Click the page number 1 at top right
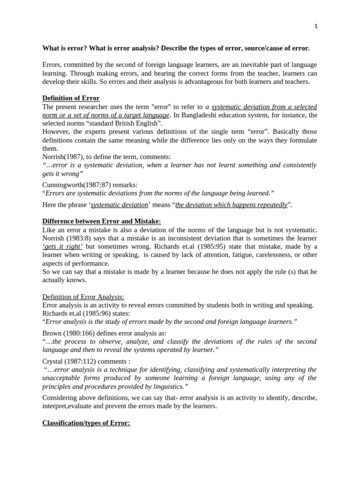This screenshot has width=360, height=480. coord(316,26)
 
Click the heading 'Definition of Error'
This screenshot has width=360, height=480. coord(71,98)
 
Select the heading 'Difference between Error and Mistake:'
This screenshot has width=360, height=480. coord(102,221)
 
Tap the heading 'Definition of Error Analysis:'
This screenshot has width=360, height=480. coord(83,297)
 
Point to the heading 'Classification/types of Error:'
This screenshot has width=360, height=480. coord(86,423)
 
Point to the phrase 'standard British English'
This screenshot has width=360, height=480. coord(124,123)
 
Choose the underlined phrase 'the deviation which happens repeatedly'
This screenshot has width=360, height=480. coord(231,205)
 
